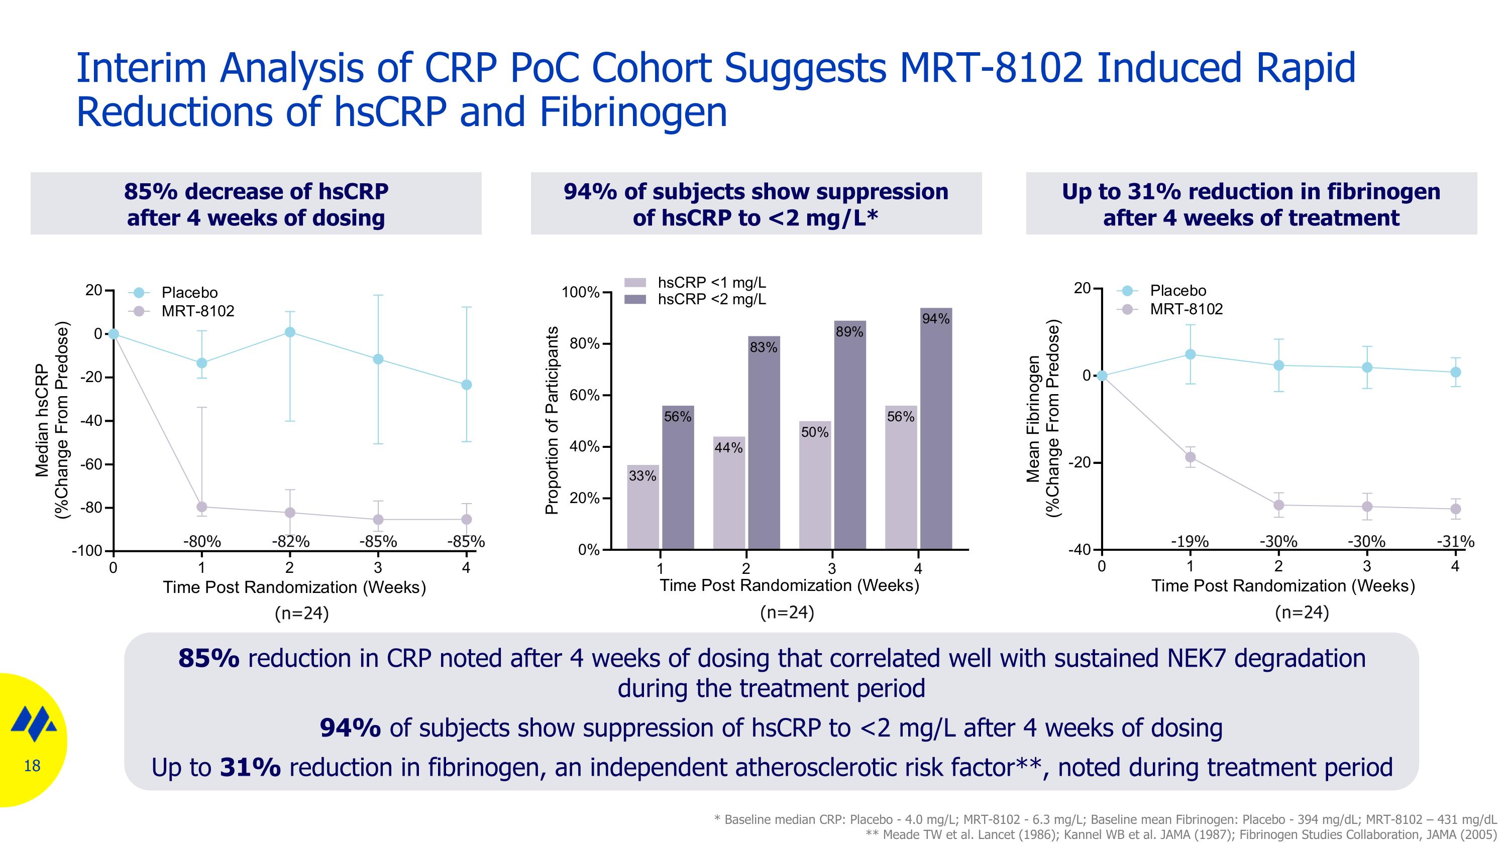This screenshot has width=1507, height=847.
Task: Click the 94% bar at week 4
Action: coord(935,433)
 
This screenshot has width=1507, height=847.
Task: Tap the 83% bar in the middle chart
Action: coord(764,444)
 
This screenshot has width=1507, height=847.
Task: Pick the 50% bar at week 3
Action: coord(814,485)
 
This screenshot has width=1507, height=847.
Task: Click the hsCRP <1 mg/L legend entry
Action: coord(711,283)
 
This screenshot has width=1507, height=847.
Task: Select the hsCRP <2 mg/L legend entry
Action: coord(711,299)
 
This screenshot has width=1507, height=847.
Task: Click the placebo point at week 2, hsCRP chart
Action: coord(289,332)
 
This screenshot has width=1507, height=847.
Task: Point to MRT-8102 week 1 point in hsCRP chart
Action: coord(202,507)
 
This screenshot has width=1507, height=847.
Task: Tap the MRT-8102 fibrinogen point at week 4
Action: coord(1456,509)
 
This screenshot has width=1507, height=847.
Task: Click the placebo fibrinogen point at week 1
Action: coord(1190,354)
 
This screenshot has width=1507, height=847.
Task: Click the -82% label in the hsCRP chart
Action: coord(290,542)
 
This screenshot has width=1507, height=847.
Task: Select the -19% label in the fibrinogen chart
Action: coord(1190,542)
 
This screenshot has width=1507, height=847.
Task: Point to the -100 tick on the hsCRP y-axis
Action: coord(87,551)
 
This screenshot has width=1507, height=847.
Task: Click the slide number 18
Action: coord(32,766)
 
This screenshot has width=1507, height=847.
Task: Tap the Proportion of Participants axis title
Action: coord(551,420)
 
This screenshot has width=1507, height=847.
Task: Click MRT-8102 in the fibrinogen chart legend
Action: coord(1186,309)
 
